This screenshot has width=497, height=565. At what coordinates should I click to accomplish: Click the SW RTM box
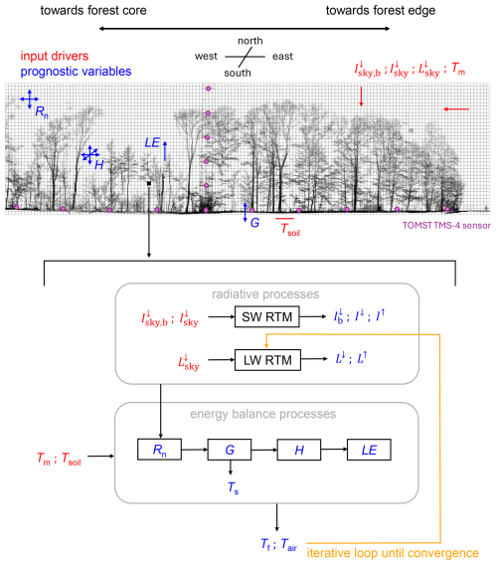click(266, 316)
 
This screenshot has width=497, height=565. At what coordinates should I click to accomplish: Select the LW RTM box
click(267, 360)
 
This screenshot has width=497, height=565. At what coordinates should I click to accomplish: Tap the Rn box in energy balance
click(160, 450)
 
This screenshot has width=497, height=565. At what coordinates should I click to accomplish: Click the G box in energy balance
click(230, 450)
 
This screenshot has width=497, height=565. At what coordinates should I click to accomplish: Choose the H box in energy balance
click(299, 450)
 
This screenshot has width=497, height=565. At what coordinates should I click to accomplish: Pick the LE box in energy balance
click(369, 450)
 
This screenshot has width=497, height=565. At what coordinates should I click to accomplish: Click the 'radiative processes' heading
click(265, 294)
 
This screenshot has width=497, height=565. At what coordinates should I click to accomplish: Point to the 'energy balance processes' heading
click(262, 414)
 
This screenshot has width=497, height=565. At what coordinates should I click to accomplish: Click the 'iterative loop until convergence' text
click(393, 553)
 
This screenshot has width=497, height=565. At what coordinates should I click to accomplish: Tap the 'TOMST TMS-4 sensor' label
click(446, 226)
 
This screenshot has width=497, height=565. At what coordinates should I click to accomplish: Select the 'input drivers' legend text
click(55, 57)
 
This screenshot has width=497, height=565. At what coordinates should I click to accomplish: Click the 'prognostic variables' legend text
click(76, 72)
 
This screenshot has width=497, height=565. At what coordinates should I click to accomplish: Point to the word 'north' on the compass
click(249, 41)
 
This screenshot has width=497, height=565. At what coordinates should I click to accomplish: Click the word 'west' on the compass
click(206, 57)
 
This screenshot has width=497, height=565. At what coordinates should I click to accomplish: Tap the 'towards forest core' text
click(93, 11)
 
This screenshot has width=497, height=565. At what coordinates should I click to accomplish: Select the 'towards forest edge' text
click(381, 11)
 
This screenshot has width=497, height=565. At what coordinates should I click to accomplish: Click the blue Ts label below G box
click(233, 487)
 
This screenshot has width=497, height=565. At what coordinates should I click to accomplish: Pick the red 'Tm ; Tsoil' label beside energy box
click(59, 459)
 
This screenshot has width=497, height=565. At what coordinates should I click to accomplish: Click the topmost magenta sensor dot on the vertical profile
click(208, 89)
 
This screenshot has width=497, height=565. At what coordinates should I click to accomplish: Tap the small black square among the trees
click(149, 183)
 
